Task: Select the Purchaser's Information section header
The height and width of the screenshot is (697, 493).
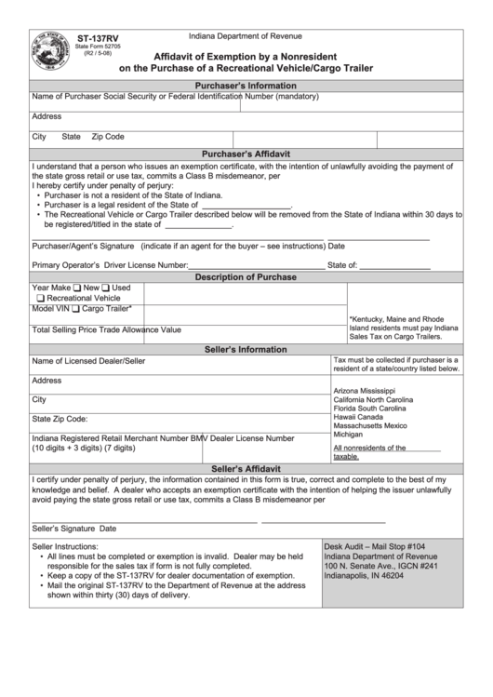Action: click(246, 85)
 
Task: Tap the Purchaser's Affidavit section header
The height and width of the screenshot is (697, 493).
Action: click(246, 154)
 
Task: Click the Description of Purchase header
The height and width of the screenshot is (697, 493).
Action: click(246, 277)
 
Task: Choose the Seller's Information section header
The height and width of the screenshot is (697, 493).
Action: click(246, 349)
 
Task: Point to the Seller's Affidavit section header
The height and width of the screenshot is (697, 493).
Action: click(246, 468)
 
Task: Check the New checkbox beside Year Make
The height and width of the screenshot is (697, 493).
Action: click(77, 288)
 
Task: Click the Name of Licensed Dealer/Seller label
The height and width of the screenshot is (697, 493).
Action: click(88, 361)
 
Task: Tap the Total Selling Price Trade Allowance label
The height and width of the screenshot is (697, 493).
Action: click(107, 329)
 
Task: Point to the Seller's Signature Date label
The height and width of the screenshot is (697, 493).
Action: click(74, 528)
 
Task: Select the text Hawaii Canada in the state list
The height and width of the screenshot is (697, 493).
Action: click(358, 417)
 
